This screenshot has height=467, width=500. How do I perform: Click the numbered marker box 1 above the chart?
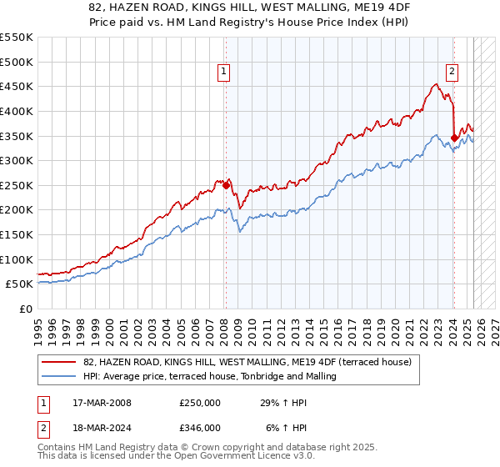225,73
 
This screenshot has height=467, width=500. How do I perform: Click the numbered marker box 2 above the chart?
452,73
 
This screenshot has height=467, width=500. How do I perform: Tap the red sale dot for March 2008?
226,184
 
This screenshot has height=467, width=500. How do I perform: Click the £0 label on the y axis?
26,309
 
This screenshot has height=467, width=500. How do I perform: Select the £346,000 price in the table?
199,427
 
